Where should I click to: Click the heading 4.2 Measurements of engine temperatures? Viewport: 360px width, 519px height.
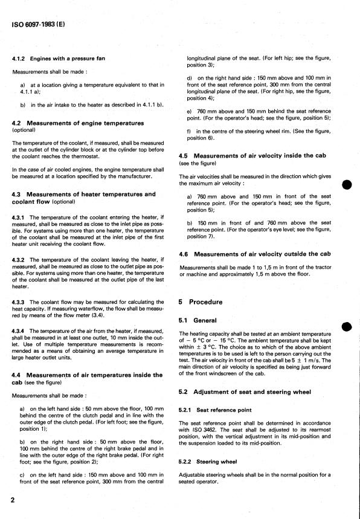78,123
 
